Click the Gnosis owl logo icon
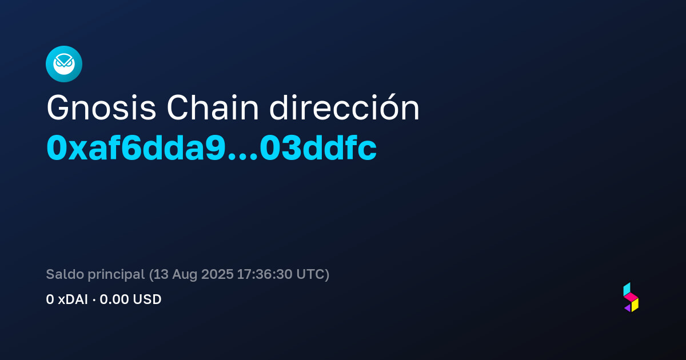(64, 64)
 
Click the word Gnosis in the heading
(101, 108)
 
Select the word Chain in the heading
(213, 108)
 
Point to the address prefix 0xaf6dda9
(136, 148)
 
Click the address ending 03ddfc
(318, 148)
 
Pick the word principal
(116, 275)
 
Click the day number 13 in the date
(161, 274)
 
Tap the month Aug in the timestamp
(185, 275)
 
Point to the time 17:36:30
(265, 274)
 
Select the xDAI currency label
(73, 299)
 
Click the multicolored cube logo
(631, 297)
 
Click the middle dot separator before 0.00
(94, 300)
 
